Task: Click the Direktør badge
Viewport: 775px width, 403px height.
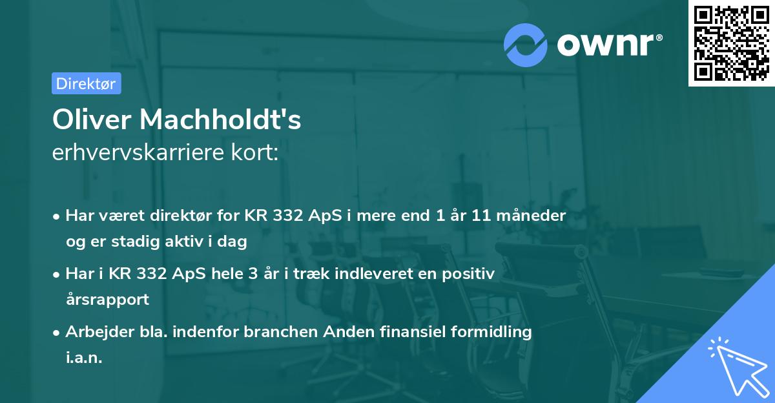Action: [x=86, y=83]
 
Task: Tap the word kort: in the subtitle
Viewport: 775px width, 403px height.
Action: [x=257, y=153]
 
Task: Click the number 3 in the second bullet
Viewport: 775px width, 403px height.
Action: [x=287, y=274]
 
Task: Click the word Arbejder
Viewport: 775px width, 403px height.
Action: [x=94, y=332]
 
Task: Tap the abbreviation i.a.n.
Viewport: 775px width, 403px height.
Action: [x=84, y=358]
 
